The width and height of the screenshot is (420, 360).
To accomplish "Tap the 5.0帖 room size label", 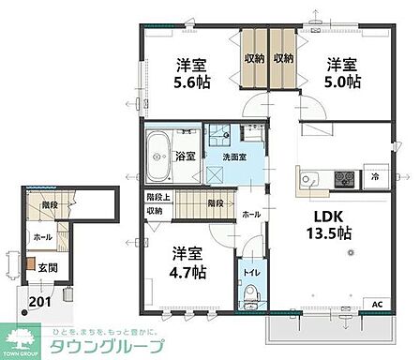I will (341, 82).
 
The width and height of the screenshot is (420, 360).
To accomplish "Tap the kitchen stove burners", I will (342, 176).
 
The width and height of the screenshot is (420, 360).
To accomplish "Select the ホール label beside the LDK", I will (253, 214).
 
